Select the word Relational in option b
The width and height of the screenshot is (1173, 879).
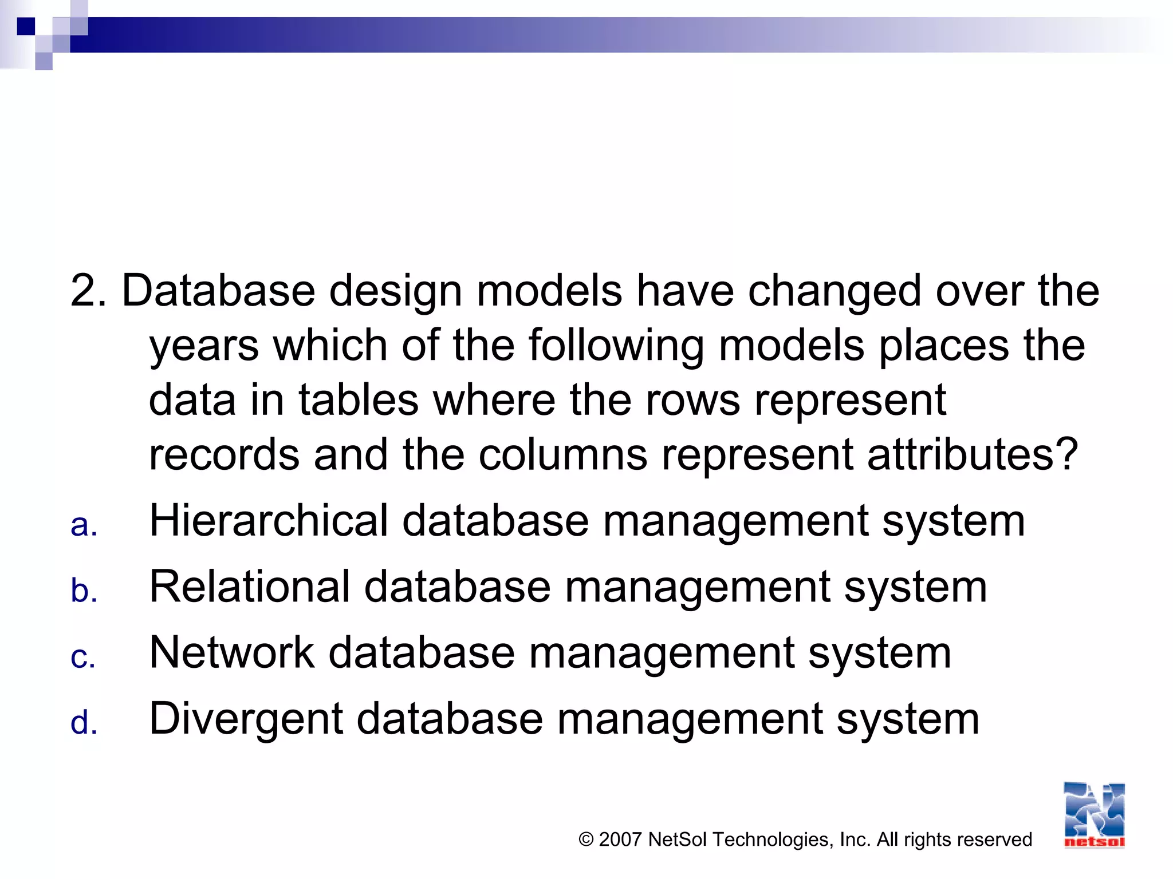(x=249, y=587)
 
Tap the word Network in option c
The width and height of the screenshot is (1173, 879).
(x=231, y=652)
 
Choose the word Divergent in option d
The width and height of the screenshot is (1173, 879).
(x=246, y=719)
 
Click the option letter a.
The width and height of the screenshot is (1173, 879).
(x=84, y=525)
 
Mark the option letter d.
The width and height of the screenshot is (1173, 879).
(x=84, y=722)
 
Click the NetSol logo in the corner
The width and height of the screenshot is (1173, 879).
(x=1094, y=815)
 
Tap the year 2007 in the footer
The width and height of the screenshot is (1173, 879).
(x=620, y=840)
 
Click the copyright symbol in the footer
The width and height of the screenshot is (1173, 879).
(x=586, y=840)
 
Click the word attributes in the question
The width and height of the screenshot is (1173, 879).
(x=973, y=454)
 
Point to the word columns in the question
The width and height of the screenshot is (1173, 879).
(x=563, y=454)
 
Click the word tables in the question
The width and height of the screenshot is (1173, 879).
(x=359, y=400)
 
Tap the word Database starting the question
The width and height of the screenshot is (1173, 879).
(x=218, y=291)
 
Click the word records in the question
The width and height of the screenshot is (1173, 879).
(x=224, y=454)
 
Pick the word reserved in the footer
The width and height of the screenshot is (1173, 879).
(x=997, y=840)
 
